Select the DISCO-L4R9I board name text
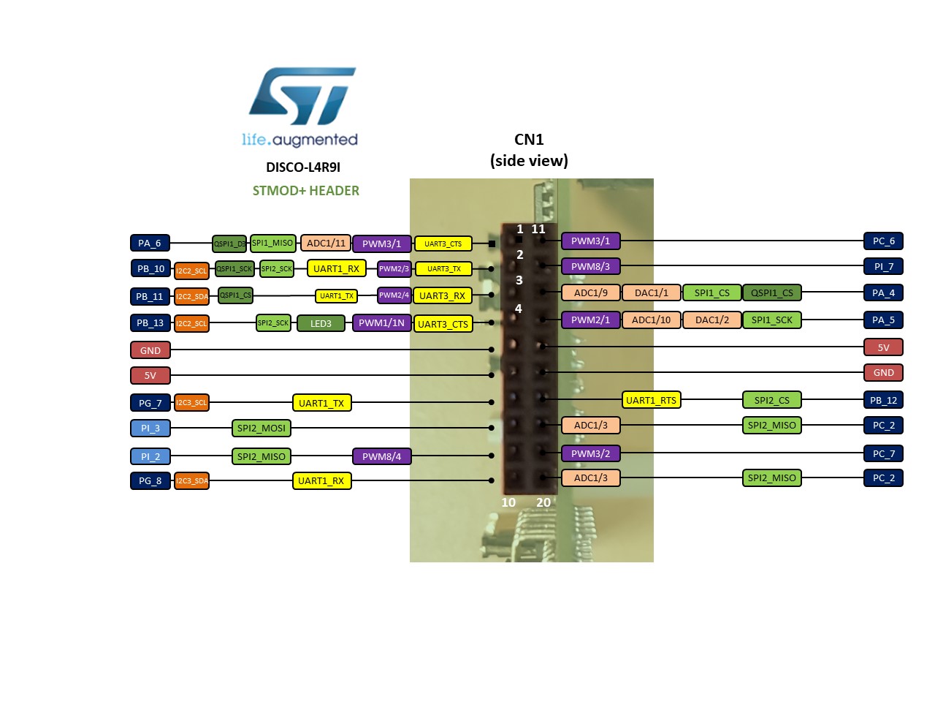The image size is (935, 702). point(303,167)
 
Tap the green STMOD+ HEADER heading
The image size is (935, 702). point(306,191)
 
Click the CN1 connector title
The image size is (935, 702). point(529,140)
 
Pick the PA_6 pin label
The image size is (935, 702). point(150,244)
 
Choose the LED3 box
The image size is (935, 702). point(321,323)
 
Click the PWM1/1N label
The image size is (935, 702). point(381,323)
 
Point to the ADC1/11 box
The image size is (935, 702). point(326,243)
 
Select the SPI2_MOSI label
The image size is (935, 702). point(262,428)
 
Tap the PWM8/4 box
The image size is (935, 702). point(381,456)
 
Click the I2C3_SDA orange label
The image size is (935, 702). point(192,480)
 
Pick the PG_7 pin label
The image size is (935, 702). point(150,403)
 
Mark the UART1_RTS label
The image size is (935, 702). point(651,400)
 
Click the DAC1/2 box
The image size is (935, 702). point(711,320)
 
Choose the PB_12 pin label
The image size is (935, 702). point(883,400)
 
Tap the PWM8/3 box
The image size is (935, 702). point(590,266)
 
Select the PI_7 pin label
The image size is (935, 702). point(883,266)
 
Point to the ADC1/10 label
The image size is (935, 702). point(651,320)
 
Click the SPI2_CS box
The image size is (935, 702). point(772,400)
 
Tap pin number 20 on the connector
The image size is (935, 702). point(543,502)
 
